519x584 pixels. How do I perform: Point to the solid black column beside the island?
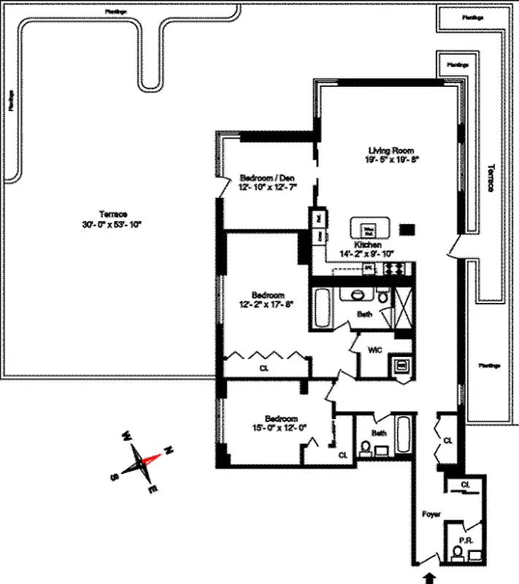[409, 228]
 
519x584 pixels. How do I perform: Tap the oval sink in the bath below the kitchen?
[357, 296]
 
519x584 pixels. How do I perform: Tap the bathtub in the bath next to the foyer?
[402, 436]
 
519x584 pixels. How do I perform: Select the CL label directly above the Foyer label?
[466, 484]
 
